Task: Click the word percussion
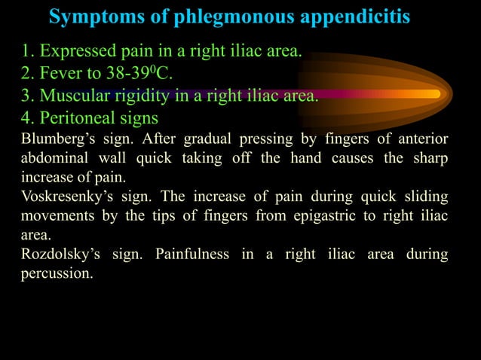[56, 273]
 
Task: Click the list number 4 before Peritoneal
[26, 117]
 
